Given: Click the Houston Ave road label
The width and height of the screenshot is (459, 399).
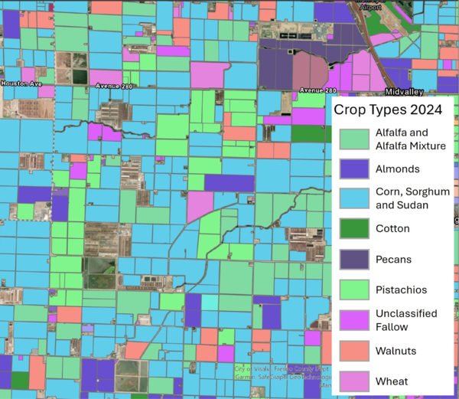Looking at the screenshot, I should click(19, 83).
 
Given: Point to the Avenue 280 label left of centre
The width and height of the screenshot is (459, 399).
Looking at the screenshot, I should click(114, 86).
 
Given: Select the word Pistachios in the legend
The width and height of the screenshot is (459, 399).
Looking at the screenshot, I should click(401, 289).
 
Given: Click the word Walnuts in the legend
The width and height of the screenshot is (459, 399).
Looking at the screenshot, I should click(396, 351).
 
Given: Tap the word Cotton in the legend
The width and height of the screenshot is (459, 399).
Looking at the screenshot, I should click(392, 228).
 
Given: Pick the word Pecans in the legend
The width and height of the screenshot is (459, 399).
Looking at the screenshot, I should click(394, 259).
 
